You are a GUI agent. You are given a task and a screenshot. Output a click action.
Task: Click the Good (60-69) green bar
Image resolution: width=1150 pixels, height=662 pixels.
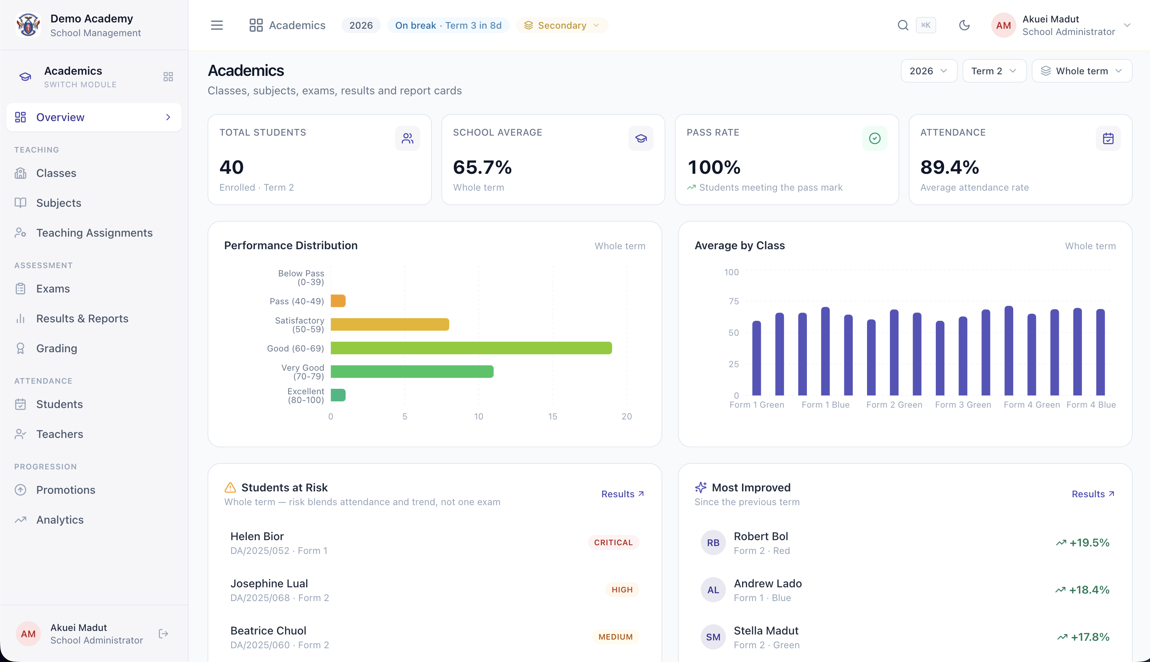(471, 348)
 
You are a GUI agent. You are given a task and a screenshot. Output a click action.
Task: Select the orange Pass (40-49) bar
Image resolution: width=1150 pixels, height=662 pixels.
(338, 301)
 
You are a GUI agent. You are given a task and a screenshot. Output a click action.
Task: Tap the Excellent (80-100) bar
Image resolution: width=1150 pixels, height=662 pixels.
(338, 395)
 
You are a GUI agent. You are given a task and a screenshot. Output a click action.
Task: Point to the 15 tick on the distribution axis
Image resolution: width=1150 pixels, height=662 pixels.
(552, 416)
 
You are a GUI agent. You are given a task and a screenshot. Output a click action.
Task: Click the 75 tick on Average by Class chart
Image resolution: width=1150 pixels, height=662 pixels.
(734, 301)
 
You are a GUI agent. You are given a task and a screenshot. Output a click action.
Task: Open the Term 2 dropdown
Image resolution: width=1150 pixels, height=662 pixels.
(994, 71)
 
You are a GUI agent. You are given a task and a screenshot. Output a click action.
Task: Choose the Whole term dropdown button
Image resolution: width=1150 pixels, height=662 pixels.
(1082, 71)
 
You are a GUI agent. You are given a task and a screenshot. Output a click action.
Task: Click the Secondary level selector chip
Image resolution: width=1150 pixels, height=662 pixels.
(562, 26)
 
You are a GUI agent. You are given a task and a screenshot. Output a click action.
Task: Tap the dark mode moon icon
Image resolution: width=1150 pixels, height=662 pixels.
(964, 26)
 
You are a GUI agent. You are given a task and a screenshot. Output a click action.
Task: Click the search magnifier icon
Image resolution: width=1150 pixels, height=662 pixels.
(903, 26)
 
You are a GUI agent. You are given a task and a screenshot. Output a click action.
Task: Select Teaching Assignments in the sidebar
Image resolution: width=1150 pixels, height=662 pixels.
(94, 233)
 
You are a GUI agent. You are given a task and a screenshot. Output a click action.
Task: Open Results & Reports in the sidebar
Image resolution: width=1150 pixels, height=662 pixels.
(82, 319)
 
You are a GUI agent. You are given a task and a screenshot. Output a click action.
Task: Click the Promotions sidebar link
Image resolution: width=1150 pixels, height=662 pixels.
(66, 490)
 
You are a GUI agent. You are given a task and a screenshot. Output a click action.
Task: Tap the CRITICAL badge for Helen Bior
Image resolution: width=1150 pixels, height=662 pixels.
(613, 542)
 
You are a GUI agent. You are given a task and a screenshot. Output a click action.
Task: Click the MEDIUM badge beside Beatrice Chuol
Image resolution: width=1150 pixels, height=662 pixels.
(615, 637)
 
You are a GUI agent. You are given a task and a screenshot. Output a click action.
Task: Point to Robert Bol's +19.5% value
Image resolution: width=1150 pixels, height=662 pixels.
(1089, 542)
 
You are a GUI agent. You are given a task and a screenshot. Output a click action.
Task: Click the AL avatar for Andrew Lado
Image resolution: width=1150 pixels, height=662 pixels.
(713, 590)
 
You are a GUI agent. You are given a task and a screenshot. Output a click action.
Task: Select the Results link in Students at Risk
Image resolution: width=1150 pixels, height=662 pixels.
(622, 494)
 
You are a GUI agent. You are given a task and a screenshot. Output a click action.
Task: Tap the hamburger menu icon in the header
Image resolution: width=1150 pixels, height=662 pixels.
(217, 26)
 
